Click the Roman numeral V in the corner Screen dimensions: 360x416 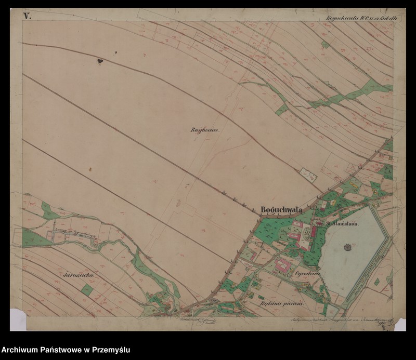pyautogui.click(x=27, y=16)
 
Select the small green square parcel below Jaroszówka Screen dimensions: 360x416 pyautogui.click(x=88, y=289)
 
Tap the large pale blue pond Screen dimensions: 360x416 pyautogui.click(x=354, y=249)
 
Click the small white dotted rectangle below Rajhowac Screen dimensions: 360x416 pyautogui.click(x=309, y=175)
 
